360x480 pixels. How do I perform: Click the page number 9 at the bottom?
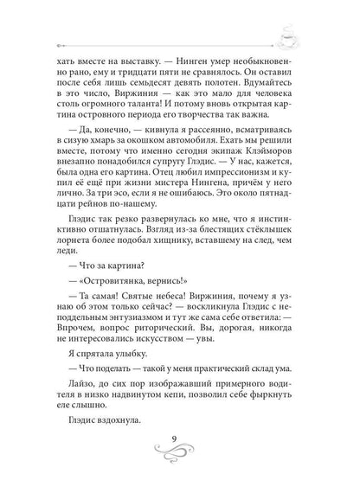[180, 446]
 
